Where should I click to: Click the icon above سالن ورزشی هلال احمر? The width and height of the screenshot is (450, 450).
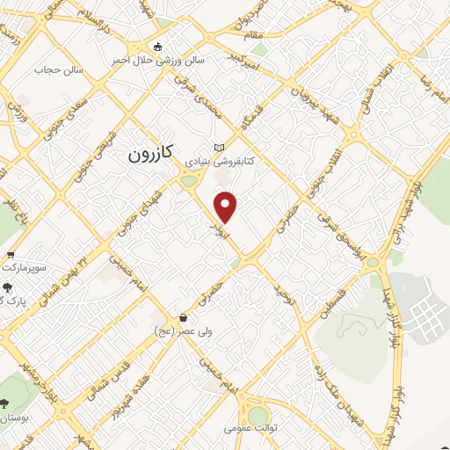[157, 47]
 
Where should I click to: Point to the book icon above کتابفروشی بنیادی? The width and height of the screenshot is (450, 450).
[219, 148]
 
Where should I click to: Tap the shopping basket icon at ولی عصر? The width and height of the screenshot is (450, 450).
[183, 317]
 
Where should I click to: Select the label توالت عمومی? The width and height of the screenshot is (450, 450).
[249, 429]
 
